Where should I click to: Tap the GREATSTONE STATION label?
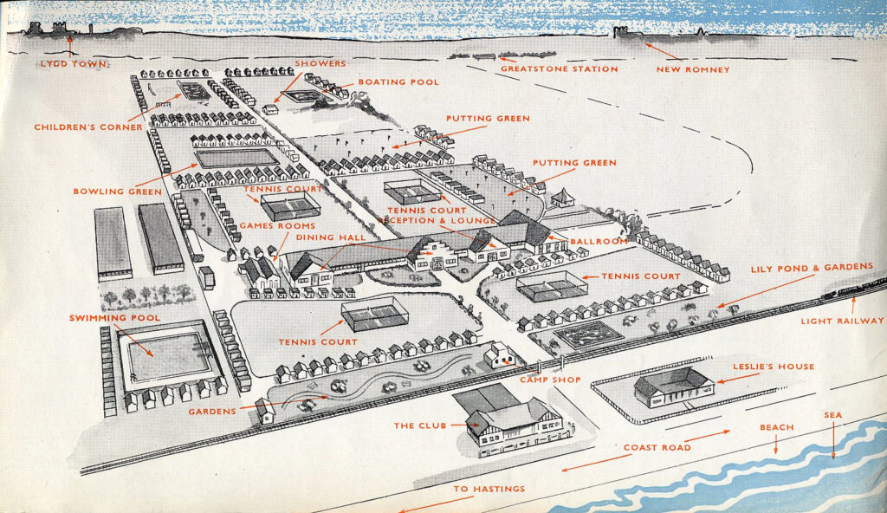pos(560,68)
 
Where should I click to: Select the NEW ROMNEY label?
pos(693,68)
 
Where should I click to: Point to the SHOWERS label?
pos(320,63)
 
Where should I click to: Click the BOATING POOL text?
pos(398,82)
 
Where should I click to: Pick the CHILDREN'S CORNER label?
pos(88,127)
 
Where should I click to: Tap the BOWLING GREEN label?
pos(117,191)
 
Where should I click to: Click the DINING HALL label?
pos(330,237)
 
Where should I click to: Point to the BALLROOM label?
pos(599,240)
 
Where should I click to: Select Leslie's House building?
pos(674,385)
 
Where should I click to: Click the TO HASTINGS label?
pos(489,489)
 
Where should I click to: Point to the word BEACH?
pos(776,427)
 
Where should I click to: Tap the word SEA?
pos(832,415)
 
